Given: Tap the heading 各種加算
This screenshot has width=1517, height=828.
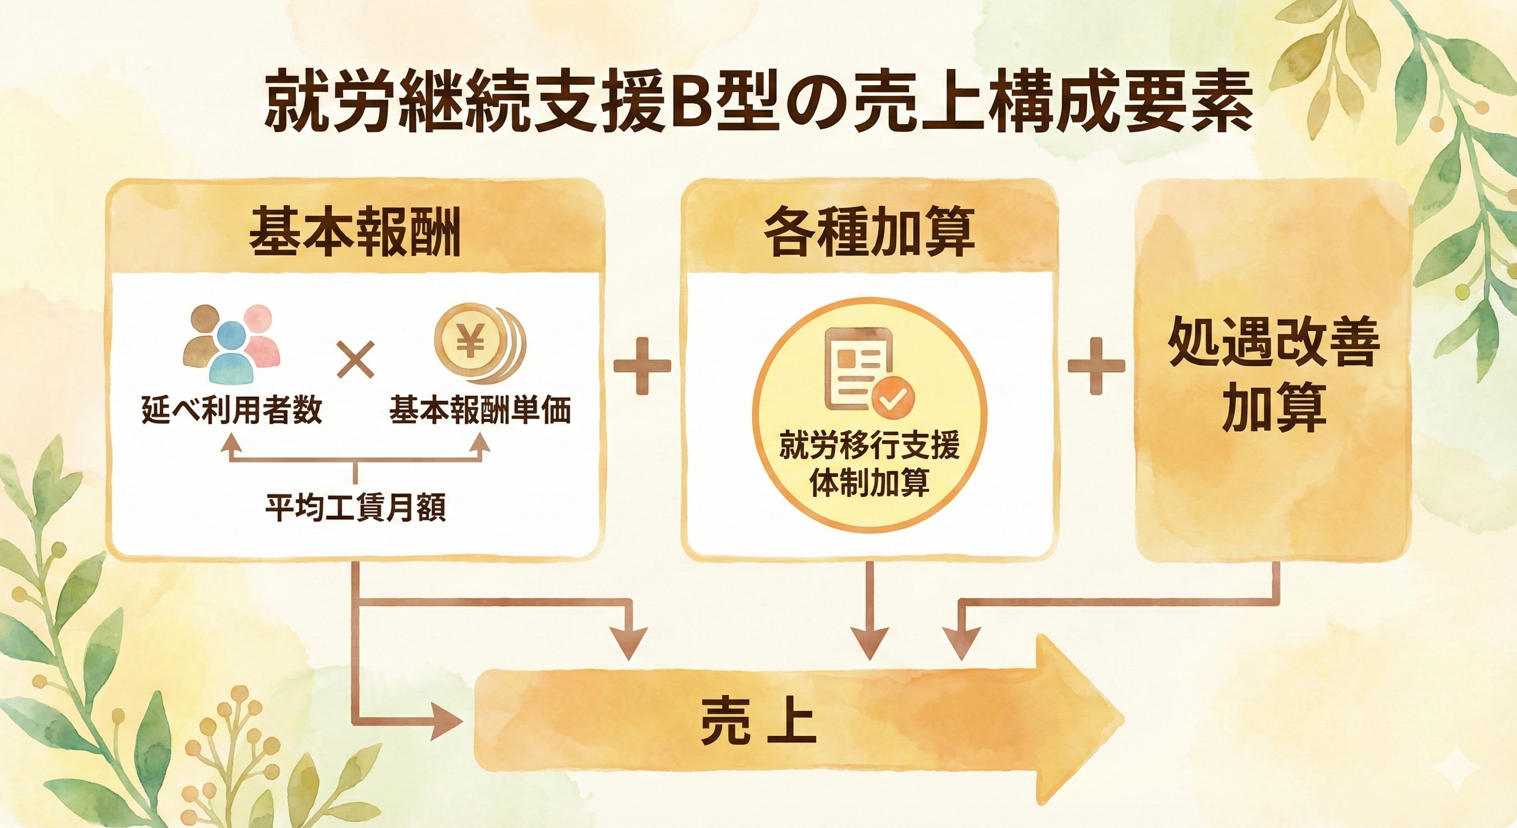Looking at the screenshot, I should pyautogui.click(x=869, y=232).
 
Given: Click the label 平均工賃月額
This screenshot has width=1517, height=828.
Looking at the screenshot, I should pyautogui.click(x=355, y=507).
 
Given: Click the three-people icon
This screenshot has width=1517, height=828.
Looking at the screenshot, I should pyautogui.click(x=232, y=343).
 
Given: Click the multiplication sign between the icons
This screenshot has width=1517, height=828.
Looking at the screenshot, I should pyautogui.click(x=356, y=361).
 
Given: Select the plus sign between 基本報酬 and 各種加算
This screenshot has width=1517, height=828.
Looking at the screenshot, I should pyautogui.click(x=642, y=367).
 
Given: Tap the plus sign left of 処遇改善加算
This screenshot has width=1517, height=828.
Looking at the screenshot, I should pyautogui.click(x=1096, y=367).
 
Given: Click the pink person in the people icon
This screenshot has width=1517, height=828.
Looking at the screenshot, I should pyautogui.click(x=260, y=339).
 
